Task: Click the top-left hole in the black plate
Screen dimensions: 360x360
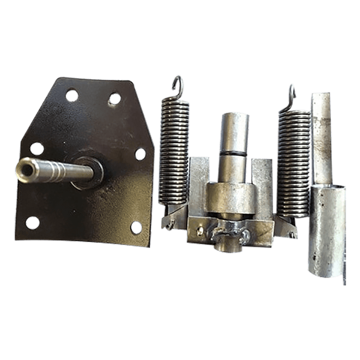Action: [x=72, y=95]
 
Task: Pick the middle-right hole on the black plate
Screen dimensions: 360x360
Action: [x=140, y=153]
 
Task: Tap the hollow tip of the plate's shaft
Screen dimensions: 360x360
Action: [x=23, y=167]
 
